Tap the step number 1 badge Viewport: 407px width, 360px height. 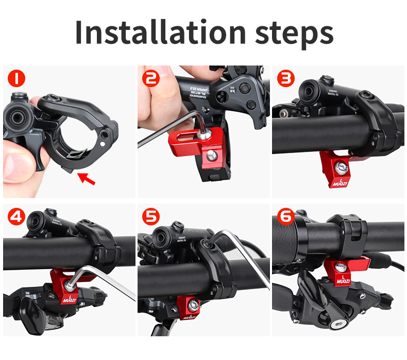point(17,78)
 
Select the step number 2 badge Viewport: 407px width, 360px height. point(151,78)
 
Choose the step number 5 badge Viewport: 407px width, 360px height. point(151,217)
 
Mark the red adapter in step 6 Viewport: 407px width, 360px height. point(342,271)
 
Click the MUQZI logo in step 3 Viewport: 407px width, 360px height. point(340,182)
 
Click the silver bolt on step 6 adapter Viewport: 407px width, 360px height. point(342,266)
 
